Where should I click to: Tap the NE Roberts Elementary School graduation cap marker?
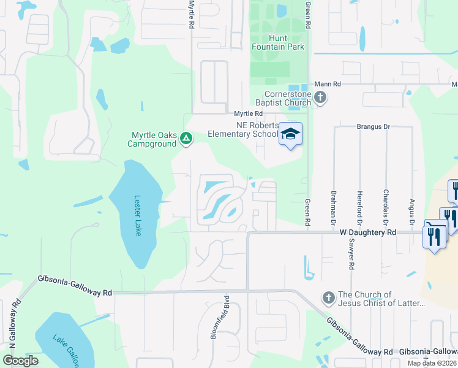tap(291, 134)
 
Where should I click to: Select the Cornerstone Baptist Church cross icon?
tap(320, 98)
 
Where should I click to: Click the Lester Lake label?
tap(138, 216)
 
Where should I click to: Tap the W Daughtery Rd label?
tap(369, 232)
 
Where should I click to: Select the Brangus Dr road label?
tap(373, 126)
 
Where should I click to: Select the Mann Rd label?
tap(327, 84)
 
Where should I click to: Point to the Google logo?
tap(20, 361)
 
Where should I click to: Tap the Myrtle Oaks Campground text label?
tap(153, 139)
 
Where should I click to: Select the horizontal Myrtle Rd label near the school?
tap(249, 113)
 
